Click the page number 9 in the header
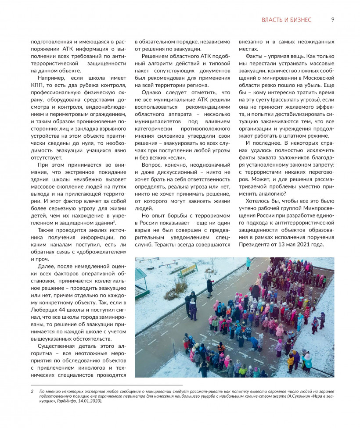point(333,20)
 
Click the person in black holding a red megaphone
point(210,287)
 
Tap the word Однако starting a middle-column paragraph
point(152,93)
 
